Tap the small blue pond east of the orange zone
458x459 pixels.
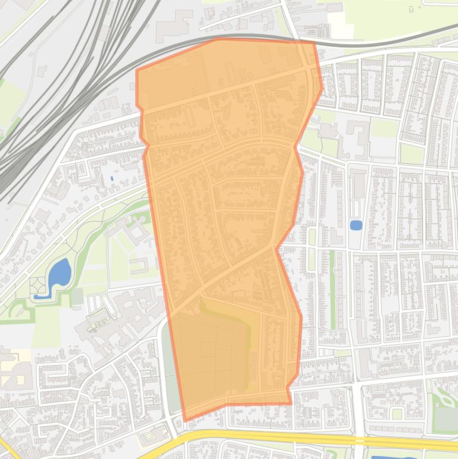point(356,225)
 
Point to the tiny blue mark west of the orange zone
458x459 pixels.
point(111,178)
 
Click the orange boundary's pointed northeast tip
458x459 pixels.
point(322,89)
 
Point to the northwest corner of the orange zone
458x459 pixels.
point(137,70)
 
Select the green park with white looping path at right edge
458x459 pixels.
point(444,408)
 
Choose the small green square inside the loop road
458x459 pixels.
point(397,413)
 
